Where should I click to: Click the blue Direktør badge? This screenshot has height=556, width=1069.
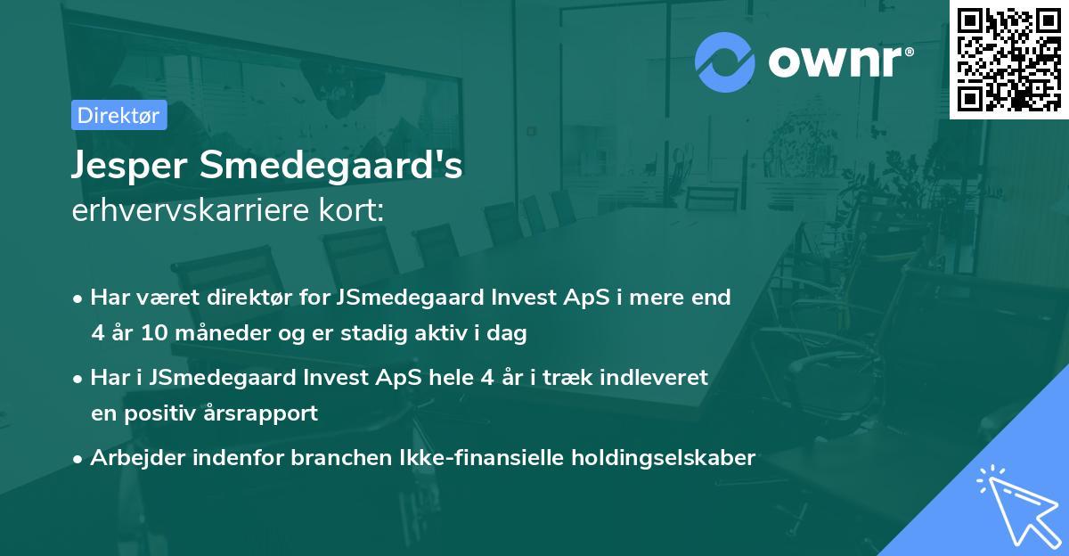tap(118, 115)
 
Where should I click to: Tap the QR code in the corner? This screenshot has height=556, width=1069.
tap(1008, 60)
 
